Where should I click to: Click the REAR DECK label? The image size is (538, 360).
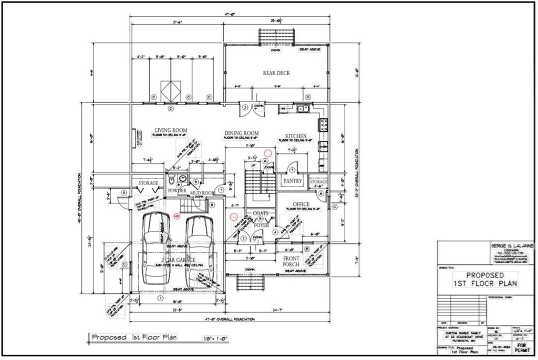point(276,73)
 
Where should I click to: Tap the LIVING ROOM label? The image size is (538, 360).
point(171,130)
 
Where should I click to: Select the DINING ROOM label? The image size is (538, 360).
point(241,133)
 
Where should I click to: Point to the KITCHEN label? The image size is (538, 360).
point(296,136)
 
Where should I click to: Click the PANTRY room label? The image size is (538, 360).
point(292,181)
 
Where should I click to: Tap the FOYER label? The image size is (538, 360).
point(261,225)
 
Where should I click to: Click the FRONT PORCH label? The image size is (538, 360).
point(292,262)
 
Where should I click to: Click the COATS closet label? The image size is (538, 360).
point(261,213)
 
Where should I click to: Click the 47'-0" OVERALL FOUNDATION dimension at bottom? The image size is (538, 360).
point(232,319)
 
